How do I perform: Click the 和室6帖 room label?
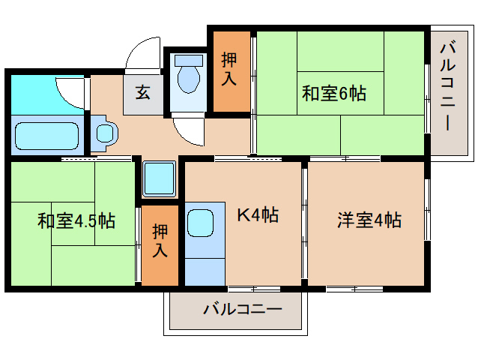point(333,94)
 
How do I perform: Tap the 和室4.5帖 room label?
point(76,221)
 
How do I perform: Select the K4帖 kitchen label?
point(258,216)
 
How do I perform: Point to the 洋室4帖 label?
point(369,220)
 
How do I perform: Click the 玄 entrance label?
point(143,93)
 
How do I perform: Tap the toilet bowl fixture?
point(188,78)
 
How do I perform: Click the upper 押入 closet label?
point(229,68)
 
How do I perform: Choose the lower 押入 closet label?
point(160,241)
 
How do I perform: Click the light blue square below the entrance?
point(159,179)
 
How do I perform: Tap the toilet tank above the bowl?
point(188,59)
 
